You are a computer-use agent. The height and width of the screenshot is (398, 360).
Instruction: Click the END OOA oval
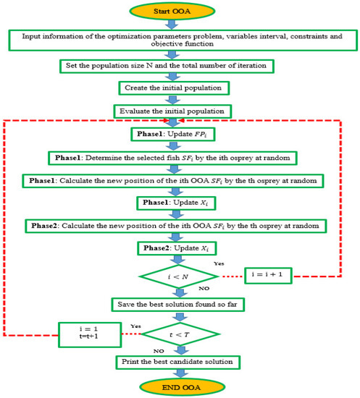pos(179,384)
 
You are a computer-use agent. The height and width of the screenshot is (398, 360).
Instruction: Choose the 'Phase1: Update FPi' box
pos(178,134)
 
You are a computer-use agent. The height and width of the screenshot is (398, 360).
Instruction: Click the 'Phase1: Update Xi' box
pos(178,202)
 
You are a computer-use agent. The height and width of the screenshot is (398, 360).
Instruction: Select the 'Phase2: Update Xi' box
pos(178,248)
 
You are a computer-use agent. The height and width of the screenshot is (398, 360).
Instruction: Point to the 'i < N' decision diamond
pos(179,276)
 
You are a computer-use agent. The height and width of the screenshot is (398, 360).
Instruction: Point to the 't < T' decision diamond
pos(179,334)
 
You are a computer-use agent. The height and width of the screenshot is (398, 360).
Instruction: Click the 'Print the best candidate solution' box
pos(178,360)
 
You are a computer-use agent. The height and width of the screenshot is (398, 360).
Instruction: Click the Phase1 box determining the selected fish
pos(178,156)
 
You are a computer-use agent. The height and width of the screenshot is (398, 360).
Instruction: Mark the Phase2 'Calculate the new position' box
pos(178,225)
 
